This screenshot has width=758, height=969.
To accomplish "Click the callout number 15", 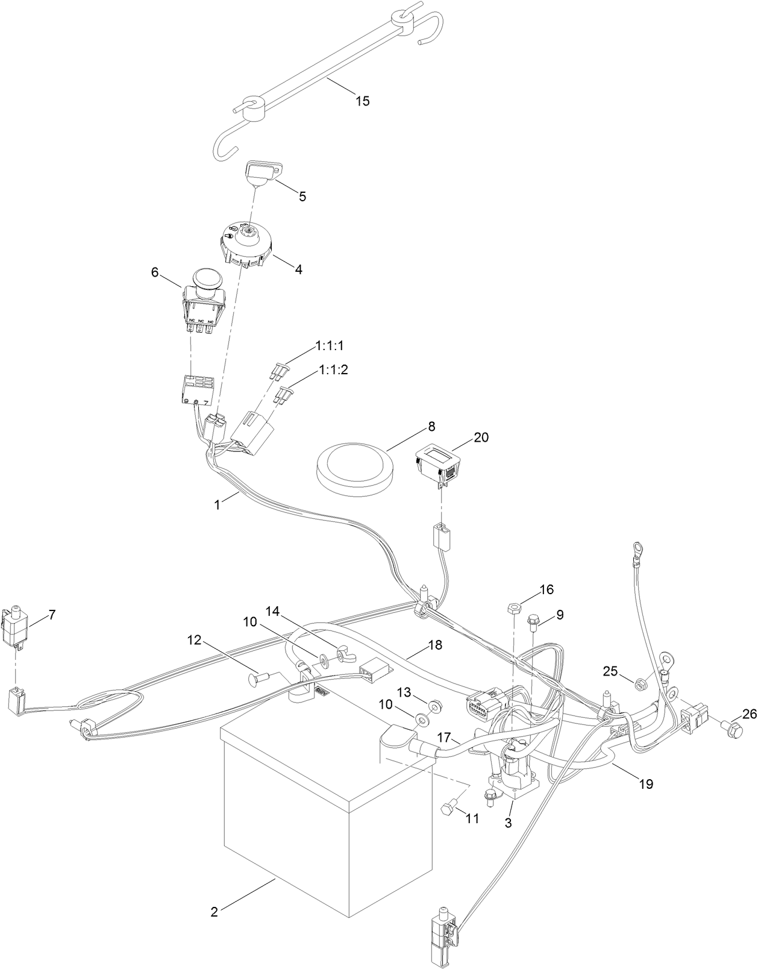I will [362, 101].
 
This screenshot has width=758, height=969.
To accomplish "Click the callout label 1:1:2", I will [331, 370].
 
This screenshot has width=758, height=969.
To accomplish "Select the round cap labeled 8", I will [355, 468].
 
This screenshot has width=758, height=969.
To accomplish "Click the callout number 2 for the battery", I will [214, 912].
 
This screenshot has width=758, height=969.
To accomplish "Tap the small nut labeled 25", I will [641, 683].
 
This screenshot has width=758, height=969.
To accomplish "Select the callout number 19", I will [646, 784].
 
